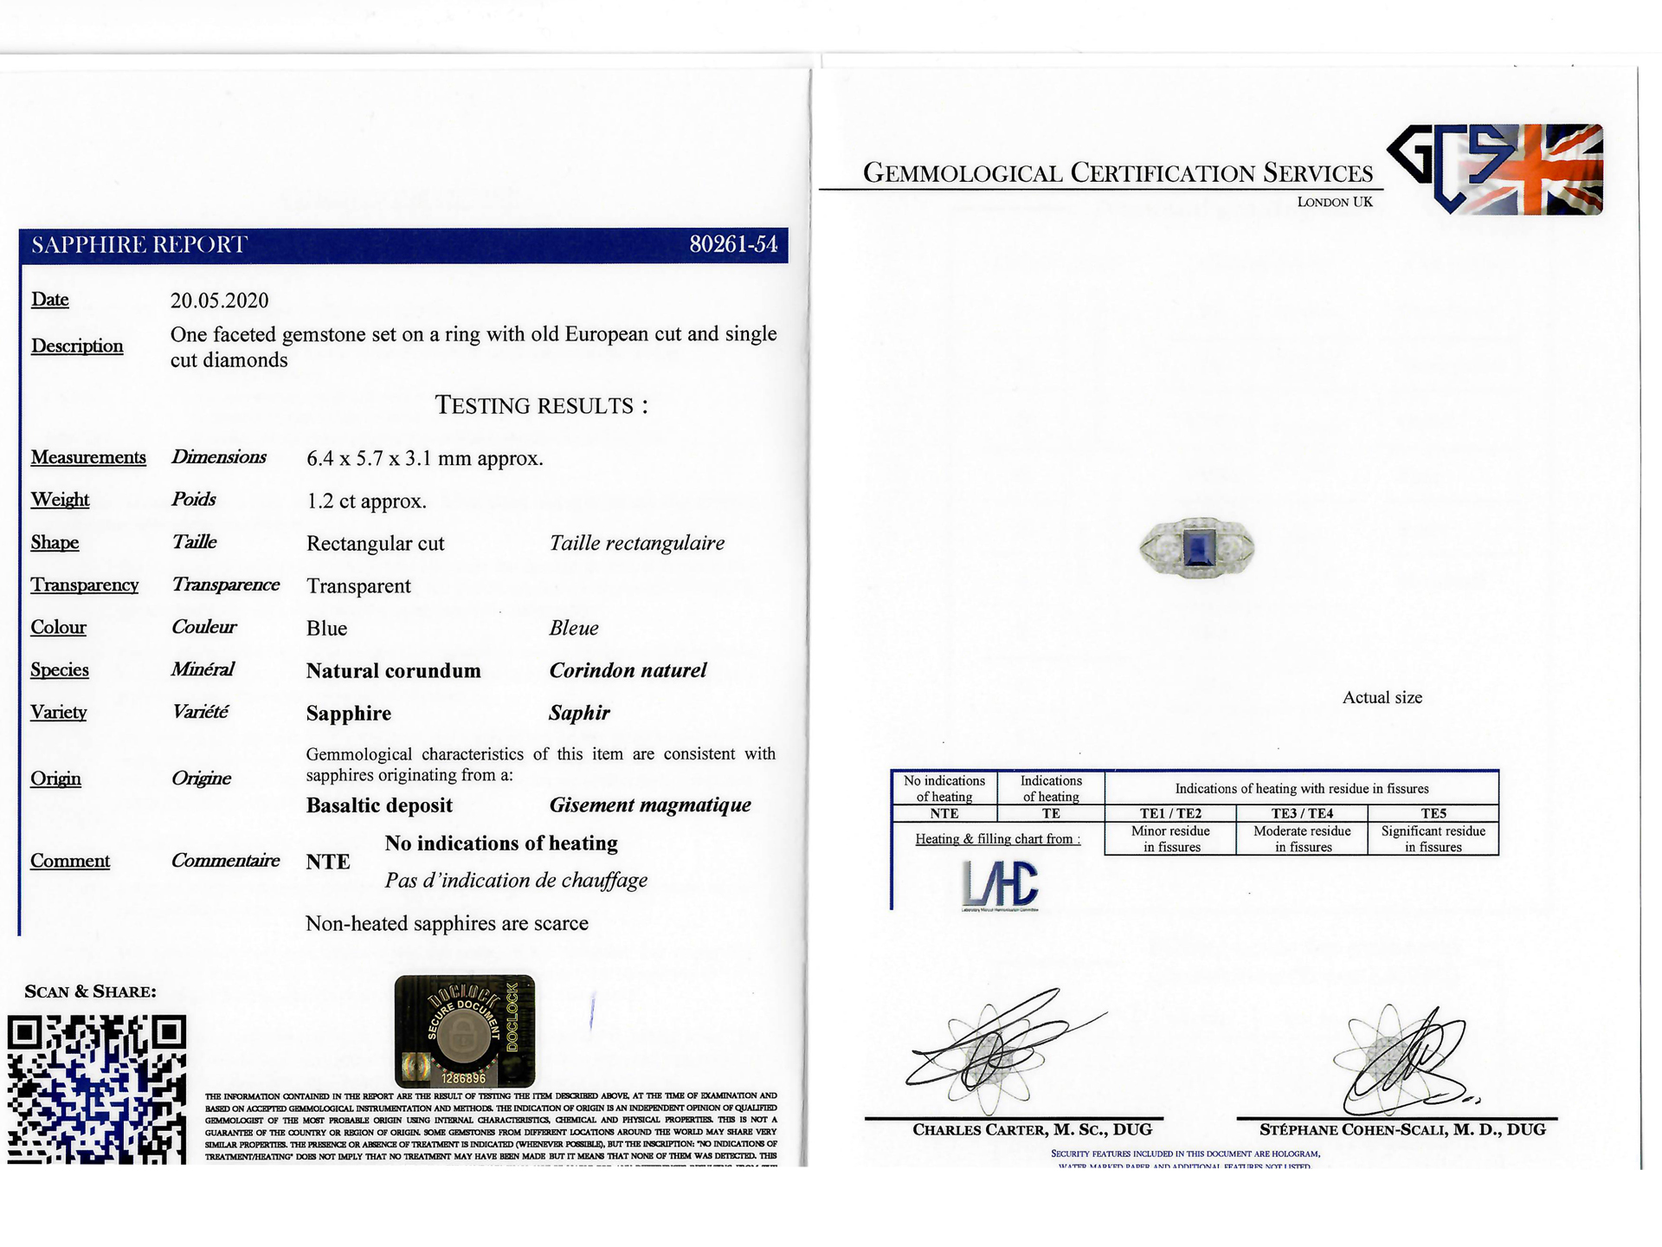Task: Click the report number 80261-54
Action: [x=732, y=245]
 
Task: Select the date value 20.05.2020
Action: [x=219, y=300]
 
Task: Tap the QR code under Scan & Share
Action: [x=97, y=1089]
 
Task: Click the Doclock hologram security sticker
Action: [x=464, y=1031]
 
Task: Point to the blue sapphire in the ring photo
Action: [x=1197, y=546]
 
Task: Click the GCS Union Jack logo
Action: [x=1495, y=170]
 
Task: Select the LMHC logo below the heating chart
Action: [x=1000, y=885]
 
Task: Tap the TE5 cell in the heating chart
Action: [x=1433, y=813]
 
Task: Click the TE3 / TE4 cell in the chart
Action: [x=1302, y=813]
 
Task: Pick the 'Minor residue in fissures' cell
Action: [x=1170, y=838]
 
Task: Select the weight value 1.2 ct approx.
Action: [x=366, y=501]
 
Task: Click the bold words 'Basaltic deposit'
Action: [x=379, y=805]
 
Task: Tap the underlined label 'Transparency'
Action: [x=85, y=585]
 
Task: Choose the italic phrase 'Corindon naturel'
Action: [x=628, y=670]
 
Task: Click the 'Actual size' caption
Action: [x=1382, y=698]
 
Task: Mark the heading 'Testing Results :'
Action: [x=541, y=405]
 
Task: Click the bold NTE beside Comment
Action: [x=328, y=862]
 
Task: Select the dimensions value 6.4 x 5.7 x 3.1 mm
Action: [x=424, y=458]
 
